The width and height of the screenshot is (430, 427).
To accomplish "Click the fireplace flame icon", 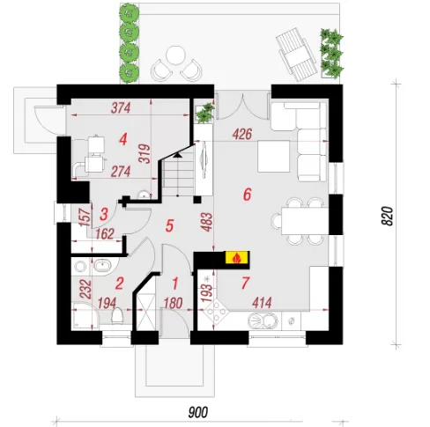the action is coord(237,258).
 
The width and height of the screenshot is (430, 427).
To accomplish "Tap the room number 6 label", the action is coord(247,195).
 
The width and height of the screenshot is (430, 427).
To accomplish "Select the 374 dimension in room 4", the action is coord(121,108).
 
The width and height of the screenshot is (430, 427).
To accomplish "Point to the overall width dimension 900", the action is coord(198,412).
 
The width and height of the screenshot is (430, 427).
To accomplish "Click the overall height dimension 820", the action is coord(388,216).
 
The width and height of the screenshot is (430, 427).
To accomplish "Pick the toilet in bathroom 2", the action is coord(117,316).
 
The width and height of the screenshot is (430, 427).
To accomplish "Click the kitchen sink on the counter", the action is coord(263,320).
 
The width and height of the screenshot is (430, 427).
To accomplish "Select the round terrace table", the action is coord(175,55).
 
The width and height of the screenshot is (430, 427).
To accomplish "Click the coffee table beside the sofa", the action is coord(274,156).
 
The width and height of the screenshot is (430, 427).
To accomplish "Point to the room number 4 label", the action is coord(123,139).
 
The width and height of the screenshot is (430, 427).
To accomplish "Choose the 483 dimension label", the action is coord(207,222).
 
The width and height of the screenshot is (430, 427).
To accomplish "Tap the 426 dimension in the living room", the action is coord(242,135).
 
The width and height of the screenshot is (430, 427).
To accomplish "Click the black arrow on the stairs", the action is coord(177,155).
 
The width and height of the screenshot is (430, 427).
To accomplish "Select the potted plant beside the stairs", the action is coord(204,113).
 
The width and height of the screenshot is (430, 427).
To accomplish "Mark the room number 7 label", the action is coord(245,283).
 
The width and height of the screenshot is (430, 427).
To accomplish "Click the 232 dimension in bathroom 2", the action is coord(85,290).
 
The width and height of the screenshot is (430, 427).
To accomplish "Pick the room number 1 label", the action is coord(175,283).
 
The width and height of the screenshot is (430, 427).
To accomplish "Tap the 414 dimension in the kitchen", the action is coord(262,303).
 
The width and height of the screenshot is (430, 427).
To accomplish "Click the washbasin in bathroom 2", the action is coord(102,266).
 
